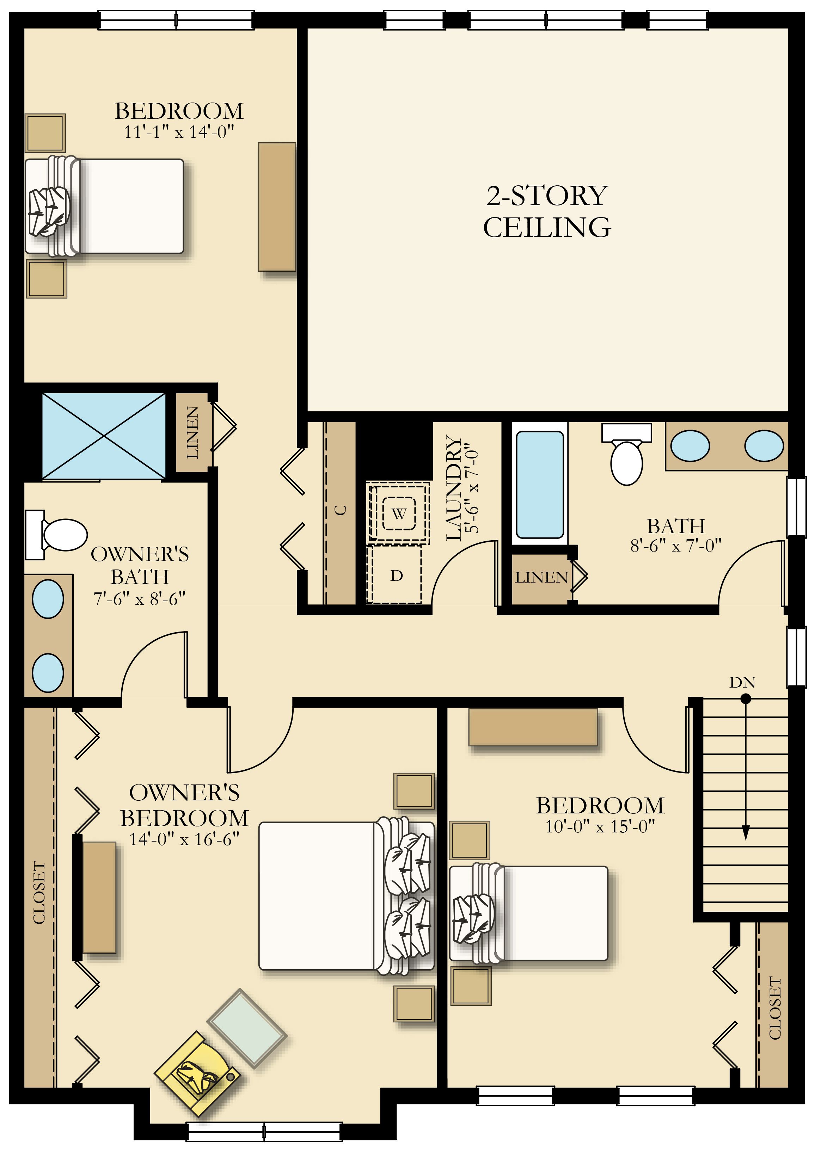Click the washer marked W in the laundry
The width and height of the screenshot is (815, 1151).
399,513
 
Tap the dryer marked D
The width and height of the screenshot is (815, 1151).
396,575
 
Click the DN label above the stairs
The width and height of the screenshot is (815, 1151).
742,682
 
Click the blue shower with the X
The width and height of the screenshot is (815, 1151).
104,436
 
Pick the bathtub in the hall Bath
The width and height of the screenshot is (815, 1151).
539,485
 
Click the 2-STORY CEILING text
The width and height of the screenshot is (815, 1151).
547,211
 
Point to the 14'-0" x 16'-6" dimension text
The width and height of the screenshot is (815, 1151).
184,839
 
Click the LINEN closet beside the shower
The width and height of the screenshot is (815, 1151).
192,432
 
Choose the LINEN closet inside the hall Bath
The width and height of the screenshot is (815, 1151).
540,578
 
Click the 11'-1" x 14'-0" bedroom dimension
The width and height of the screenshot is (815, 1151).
179,132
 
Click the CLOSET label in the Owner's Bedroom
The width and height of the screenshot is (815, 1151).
39,893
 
